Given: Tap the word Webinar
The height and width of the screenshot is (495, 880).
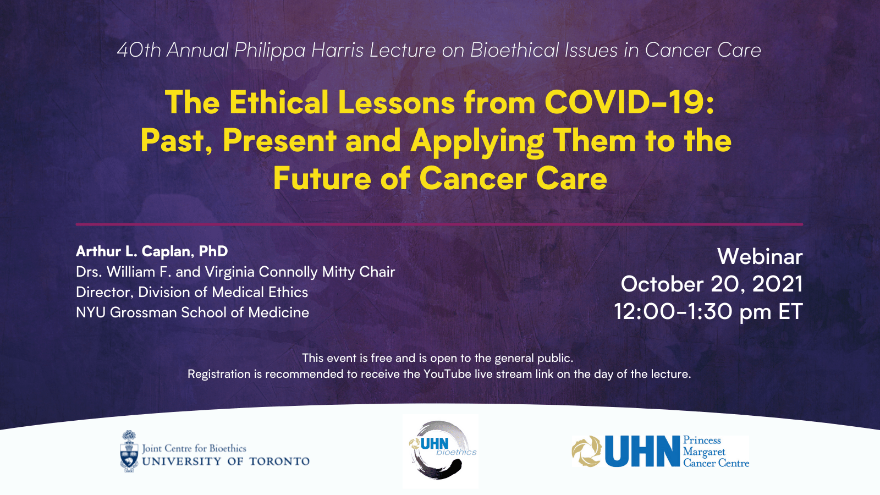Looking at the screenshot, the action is (x=760, y=256).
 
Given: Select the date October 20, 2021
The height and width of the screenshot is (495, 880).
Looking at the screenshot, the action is (x=712, y=284).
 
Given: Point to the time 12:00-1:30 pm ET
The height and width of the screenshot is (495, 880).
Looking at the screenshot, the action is (x=708, y=312).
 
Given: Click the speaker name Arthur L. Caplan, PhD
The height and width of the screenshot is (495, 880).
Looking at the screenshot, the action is (x=152, y=251).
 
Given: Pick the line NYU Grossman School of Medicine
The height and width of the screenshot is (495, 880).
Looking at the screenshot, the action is (x=193, y=313).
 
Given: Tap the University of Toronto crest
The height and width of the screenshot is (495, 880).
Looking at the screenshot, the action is (x=129, y=451).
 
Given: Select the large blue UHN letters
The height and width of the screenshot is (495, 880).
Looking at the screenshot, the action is (x=642, y=451).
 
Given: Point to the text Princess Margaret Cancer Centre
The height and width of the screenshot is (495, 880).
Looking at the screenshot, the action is (x=716, y=452).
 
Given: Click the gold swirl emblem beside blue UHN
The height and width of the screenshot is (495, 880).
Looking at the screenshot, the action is (x=586, y=451).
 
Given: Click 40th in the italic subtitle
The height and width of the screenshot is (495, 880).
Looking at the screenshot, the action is (x=139, y=50).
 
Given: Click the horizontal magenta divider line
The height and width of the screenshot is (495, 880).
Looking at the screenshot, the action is (x=439, y=224).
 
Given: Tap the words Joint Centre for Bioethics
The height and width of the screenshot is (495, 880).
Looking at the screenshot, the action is (x=194, y=448).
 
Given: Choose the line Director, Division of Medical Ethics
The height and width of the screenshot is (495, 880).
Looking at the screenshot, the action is (x=192, y=292).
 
